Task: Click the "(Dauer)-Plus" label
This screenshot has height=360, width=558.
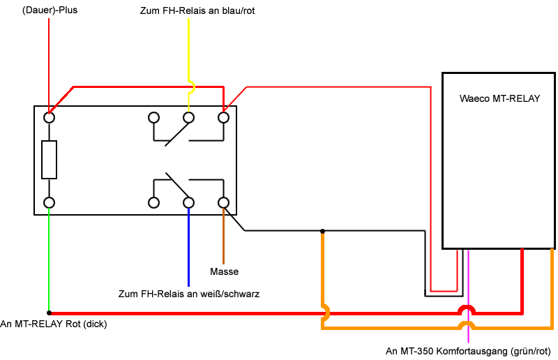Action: [50, 10]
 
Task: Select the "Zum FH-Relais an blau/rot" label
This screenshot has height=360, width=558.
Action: [197, 10]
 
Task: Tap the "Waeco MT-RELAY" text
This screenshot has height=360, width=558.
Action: [499, 98]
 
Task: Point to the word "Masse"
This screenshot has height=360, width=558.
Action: [224, 271]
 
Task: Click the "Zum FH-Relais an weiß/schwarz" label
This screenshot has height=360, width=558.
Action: [189, 294]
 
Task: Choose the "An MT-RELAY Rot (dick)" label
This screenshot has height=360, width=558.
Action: [54, 324]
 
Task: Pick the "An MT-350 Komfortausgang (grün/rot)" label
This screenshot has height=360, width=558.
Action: [468, 352]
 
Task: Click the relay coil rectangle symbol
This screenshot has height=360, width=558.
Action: [49, 160]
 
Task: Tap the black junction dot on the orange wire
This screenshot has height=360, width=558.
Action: [322, 231]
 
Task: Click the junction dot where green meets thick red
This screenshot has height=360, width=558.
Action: [49, 313]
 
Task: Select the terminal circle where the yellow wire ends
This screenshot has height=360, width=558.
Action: [188, 117]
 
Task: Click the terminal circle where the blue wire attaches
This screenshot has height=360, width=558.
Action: [188, 202]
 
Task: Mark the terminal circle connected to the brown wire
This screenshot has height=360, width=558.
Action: [223, 202]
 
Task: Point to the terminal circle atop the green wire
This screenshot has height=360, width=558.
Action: [49, 202]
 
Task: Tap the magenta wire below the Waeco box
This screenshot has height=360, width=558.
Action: [468, 296]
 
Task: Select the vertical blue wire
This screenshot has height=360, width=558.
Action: [188, 247]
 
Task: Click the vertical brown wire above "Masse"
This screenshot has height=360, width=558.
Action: [223, 236]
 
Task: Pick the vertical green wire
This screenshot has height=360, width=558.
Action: [49, 260]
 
